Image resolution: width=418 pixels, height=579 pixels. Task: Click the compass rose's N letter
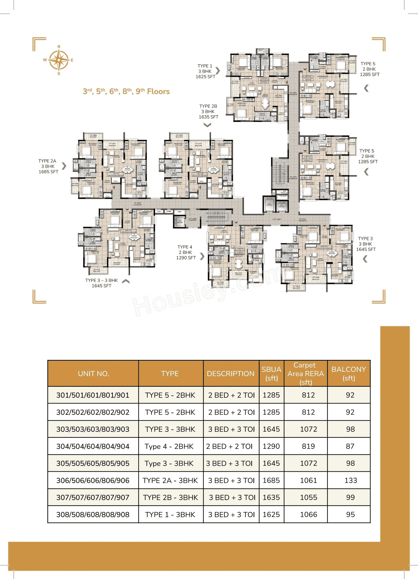(x=59, y=47)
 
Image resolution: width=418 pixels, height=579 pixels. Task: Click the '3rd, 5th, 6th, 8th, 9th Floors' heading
(x=126, y=91)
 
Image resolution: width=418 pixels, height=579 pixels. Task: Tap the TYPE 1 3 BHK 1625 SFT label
(x=205, y=71)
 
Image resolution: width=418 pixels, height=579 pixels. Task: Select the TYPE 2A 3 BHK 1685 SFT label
(x=48, y=166)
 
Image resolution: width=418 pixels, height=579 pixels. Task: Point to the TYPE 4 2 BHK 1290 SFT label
(x=186, y=252)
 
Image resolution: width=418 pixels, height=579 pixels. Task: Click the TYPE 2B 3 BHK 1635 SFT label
(x=208, y=111)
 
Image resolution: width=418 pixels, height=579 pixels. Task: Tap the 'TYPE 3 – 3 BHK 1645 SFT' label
(x=101, y=283)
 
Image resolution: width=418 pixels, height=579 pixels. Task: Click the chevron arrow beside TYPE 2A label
(x=64, y=166)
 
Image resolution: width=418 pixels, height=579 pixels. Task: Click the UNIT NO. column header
(x=94, y=373)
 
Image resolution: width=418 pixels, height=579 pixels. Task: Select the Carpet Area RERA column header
(x=305, y=373)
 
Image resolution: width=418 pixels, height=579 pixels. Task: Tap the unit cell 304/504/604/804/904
(x=93, y=446)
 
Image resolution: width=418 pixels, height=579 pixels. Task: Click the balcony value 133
(x=351, y=480)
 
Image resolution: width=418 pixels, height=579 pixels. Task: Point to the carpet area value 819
(x=308, y=446)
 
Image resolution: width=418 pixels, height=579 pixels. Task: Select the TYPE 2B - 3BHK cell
(x=170, y=497)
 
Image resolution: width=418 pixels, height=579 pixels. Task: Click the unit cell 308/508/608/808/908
(x=93, y=514)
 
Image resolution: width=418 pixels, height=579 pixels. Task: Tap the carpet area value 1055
(x=308, y=497)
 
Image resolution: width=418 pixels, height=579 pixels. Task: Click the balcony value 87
(x=350, y=446)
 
